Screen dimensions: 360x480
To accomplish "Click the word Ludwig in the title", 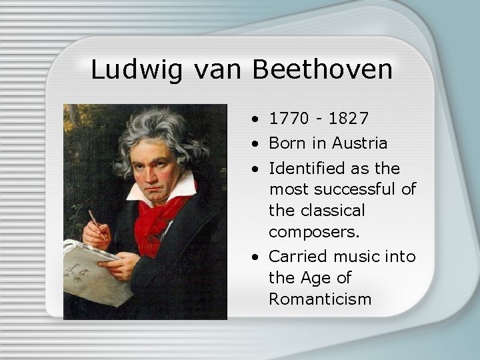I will coord(135,69).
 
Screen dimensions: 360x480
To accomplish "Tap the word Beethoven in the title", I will coord(323,69).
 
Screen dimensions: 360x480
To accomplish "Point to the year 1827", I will coord(347,119).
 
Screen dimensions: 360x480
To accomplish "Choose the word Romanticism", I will coord(320,299).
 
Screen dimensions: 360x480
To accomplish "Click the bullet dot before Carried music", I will coord(257,257).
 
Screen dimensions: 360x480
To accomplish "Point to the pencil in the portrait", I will coord(97,223).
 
